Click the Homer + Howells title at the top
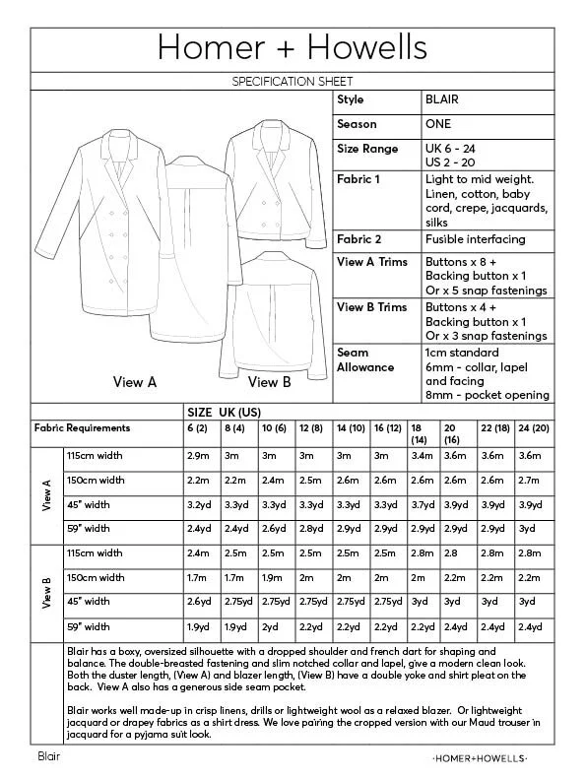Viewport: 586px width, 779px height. [292, 46]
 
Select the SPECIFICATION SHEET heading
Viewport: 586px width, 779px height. [292, 81]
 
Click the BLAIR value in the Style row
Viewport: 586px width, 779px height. [442, 100]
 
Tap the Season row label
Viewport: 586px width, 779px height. [355, 125]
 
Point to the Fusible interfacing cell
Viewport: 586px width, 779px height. [475, 239]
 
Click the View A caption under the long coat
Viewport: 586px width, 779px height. [135, 382]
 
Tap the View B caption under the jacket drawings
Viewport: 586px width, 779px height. [269, 382]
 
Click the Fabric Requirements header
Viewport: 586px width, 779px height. [82, 428]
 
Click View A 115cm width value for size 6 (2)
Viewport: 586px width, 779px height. [198, 457]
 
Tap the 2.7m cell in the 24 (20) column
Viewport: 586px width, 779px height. [528, 481]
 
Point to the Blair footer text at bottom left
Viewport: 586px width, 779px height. [49, 756]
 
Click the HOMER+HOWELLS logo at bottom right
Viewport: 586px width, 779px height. [480, 758]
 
